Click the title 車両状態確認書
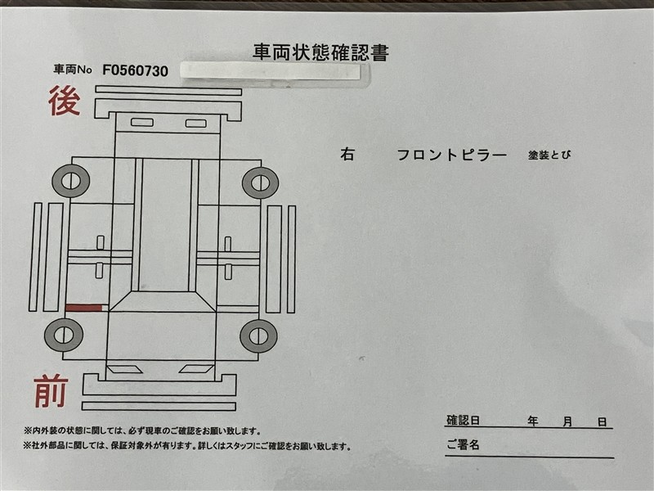tap(320, 52)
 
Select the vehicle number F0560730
tap(135, 71)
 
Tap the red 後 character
tap(65, 101)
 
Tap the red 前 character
tap(51, 391)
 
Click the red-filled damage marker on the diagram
tap(84, 309)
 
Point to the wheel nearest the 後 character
tap(71, 181)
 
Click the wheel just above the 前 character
tap(64, 335)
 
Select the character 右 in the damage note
tap(347, 155)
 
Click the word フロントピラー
tap(452, 155)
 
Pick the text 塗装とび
tap(549, 155)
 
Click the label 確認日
tap(463, 420)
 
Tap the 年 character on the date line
tap(533, 421)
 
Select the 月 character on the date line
tap(567, 421)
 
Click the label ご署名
tap(463, 444)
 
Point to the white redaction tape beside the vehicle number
tap(271, 71)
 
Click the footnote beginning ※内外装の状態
tap(141, 431)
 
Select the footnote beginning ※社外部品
tap(187, 446)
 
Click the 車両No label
tap(73, 70)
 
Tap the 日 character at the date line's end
tap(602, 422)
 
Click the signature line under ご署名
tap(529, 457)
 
